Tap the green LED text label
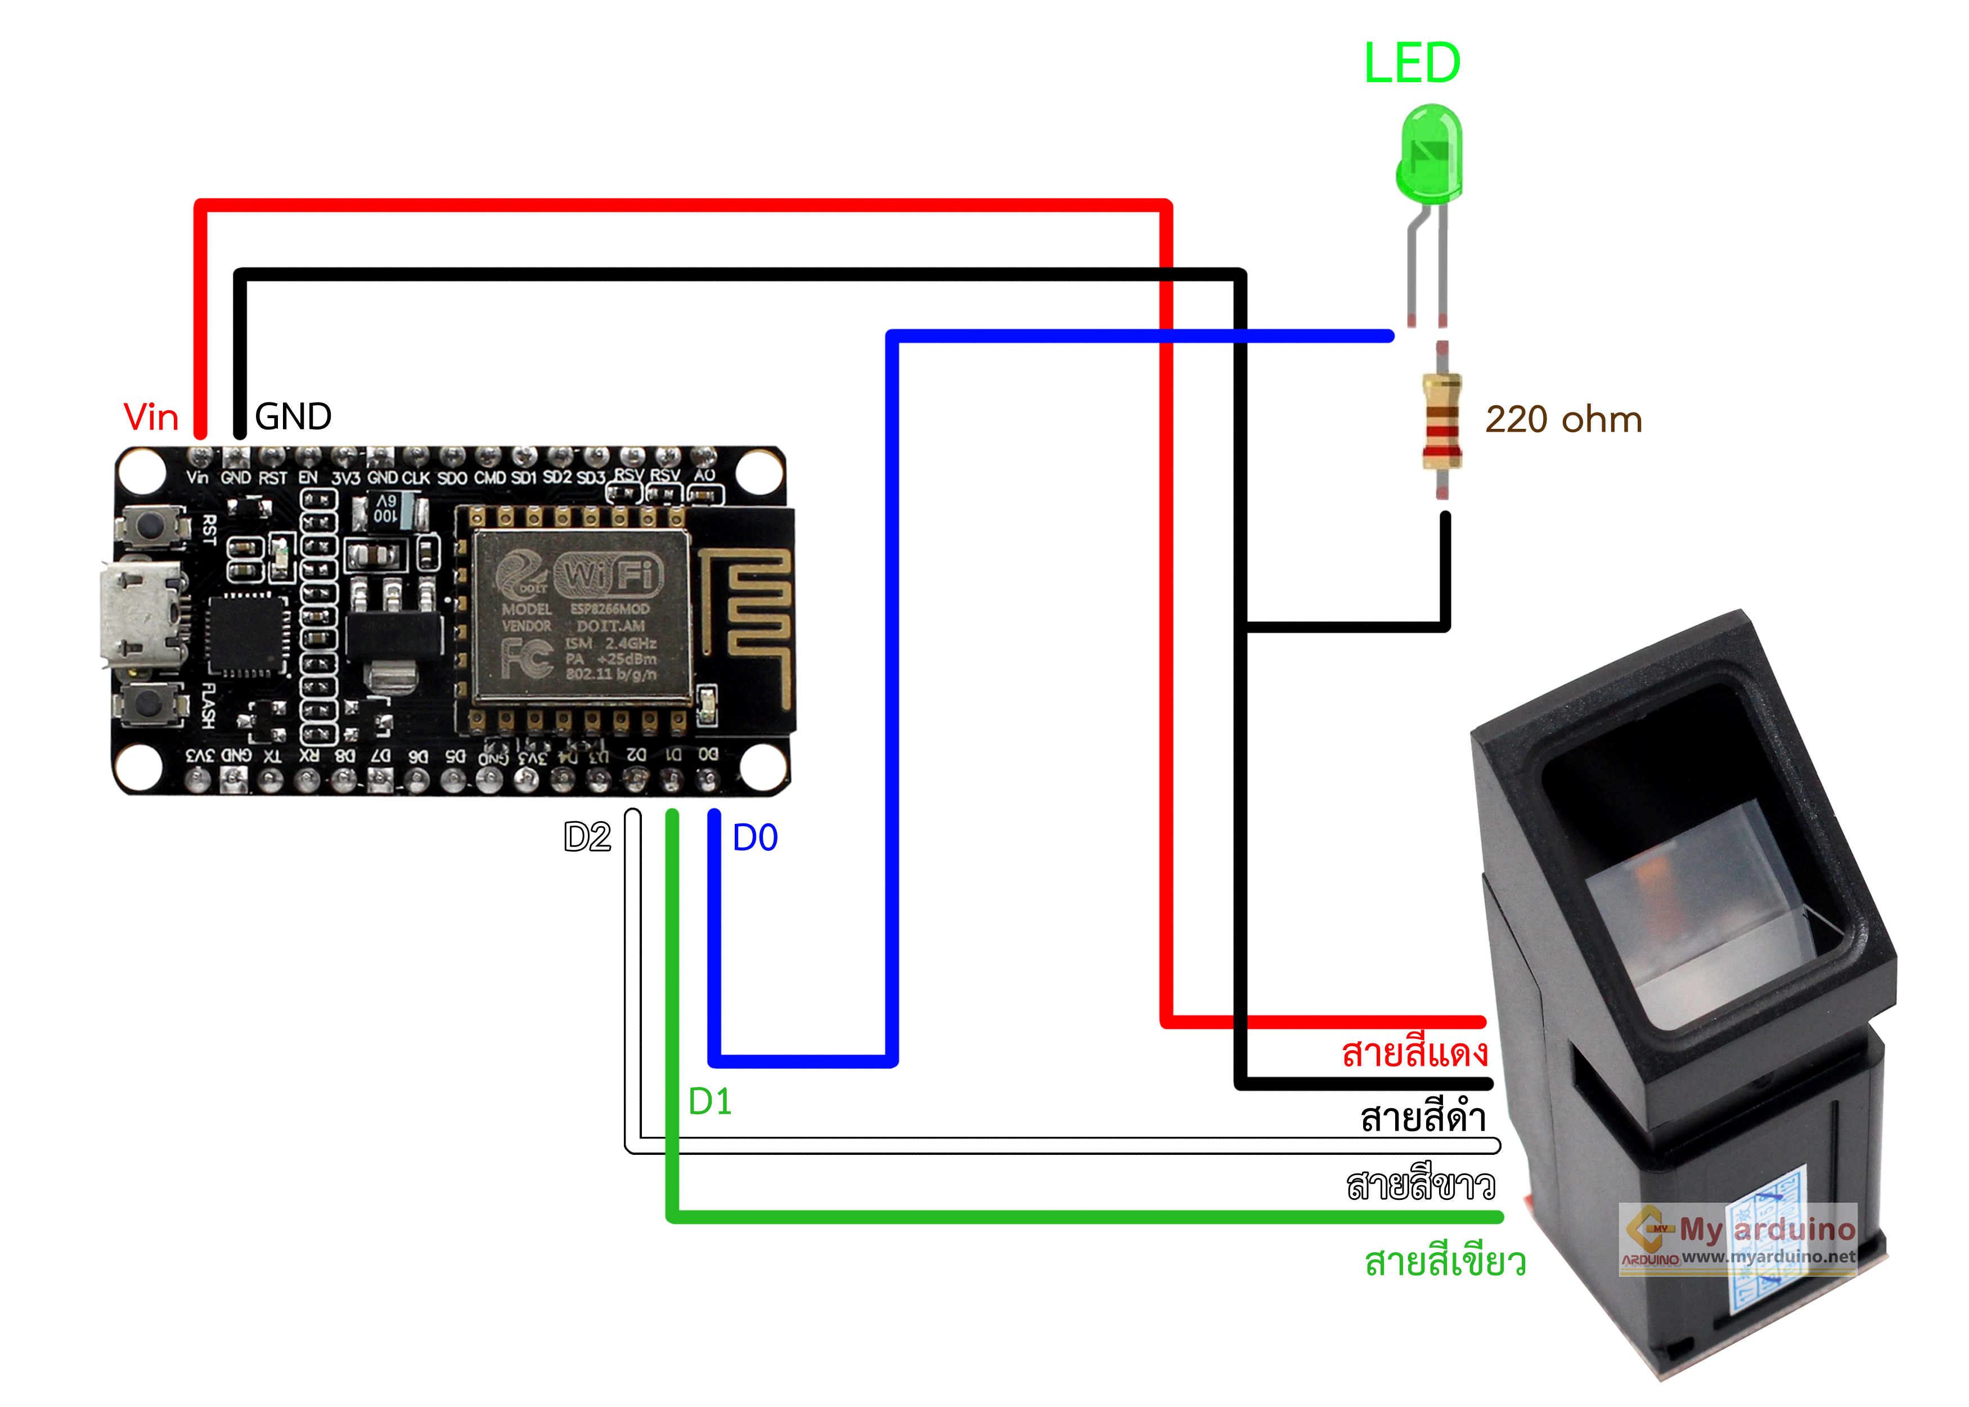(x=1411, y=63)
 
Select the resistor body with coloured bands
(x=1442, y=421)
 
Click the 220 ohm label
(x=1564, y=419)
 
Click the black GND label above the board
(x=293, y=416)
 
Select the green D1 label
(x=710, y=1102)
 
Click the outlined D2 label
(x=587, y=837)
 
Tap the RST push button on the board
(x=151, y=526)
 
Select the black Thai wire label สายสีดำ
(x=1423, y=1118)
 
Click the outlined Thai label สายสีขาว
(x=1420, y=1184)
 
